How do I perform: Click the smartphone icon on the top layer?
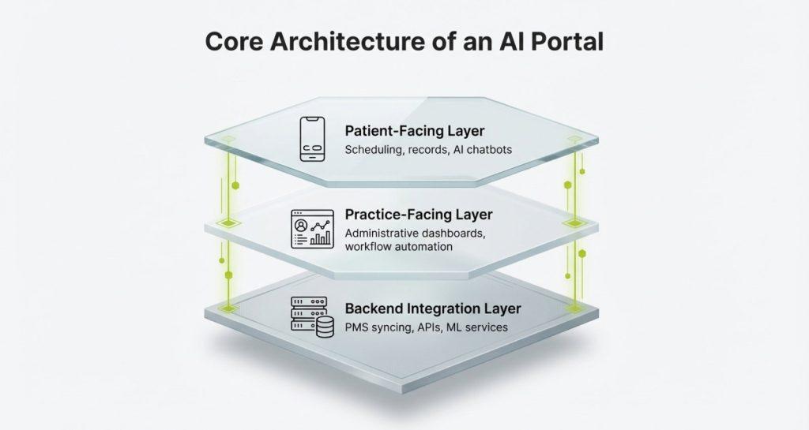pyautogui.click(x=314, y=140)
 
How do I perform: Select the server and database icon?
pyautogui.click(x=310, y=316)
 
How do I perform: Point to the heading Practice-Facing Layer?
pyautogui.click(x=419, y=215)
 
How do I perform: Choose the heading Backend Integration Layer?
pyautogui.click(x=432, y=308)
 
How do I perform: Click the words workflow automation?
pyautogui.click(x=398, y=247)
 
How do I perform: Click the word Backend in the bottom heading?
pyautogui.click(x=374, y=308)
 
